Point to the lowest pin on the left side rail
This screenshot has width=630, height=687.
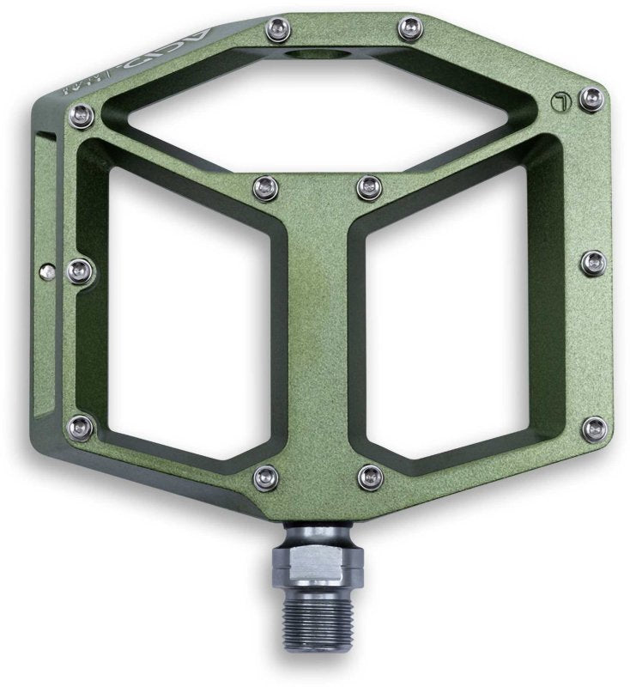tap(79, 423)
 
